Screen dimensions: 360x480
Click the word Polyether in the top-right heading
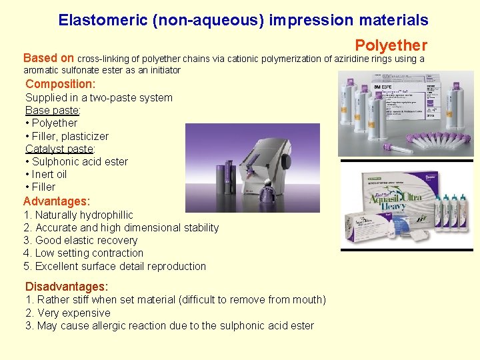click(391, 45)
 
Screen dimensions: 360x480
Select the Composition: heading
click(61, 84)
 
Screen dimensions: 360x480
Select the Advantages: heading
click(57, 201)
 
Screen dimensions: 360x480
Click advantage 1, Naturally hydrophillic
click(78, 215)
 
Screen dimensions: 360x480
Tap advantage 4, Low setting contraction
click(83, 253)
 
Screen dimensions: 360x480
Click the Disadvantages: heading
click(67, 287)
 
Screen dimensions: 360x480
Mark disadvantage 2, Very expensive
click(68, 313)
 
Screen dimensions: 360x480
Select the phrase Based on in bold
click(49, 58)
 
